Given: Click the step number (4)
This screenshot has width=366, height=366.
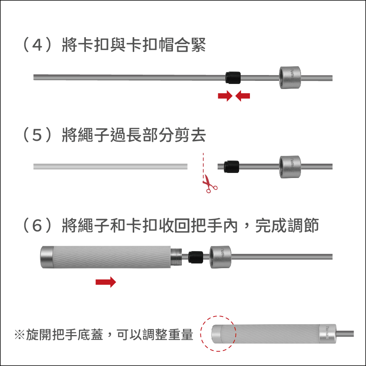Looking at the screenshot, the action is click(38, 44).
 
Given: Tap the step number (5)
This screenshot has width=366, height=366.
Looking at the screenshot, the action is click(38, 135).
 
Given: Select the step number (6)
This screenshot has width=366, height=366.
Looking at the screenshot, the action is click(38, 226).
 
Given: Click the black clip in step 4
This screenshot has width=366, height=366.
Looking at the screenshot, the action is click(233, 77).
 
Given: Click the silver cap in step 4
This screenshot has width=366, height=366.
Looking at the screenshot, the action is click(290, 77).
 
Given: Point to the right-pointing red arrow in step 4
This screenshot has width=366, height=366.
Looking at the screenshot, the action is click(225, 96).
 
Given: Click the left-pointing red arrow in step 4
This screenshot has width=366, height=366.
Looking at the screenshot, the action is click(243, 96).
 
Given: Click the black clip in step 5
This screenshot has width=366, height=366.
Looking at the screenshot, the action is click(231, 167).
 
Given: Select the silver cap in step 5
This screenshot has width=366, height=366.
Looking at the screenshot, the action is click(290, 167).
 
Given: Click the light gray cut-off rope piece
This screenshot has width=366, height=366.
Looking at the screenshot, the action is click(110, 166).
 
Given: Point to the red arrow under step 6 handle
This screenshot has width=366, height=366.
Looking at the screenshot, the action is click(106, 282).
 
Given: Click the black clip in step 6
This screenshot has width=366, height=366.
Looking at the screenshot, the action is click(196, 257).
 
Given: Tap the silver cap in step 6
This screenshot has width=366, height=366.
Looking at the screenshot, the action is click(221, 257).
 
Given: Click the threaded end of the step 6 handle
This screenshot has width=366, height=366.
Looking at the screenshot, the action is click(176, 257).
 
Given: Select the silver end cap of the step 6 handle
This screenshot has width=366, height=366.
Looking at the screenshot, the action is click(47, 257).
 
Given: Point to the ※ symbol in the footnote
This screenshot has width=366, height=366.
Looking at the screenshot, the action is click(19, 335).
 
